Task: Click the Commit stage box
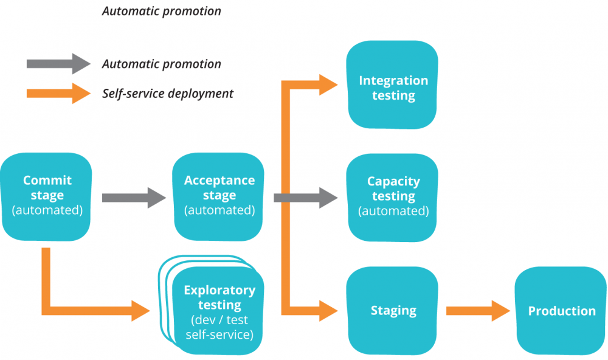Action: tap(47, 196)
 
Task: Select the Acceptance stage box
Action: tap(219, 196)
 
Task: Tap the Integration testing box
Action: tap(393, 85)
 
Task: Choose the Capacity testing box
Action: tap(393, 196)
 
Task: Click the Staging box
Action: tap(393, 311)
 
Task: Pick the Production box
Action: tap(561, 311)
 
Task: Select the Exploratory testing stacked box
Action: tap(219, 310)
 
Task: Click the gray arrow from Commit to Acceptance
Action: tap(134, 197)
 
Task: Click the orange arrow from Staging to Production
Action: tap(478, 311)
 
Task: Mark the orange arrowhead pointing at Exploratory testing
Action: tap(140, 310)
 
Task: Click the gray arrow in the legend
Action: tap(58, 64)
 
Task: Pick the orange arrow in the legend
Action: tap(58, 93)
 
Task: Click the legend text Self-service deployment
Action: tap(167, 94)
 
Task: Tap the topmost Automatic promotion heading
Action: tap(161, 12)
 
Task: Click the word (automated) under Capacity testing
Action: tap(393, 212)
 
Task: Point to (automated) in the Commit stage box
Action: tap(47, 210)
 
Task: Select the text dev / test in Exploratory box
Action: tap(219, 320)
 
